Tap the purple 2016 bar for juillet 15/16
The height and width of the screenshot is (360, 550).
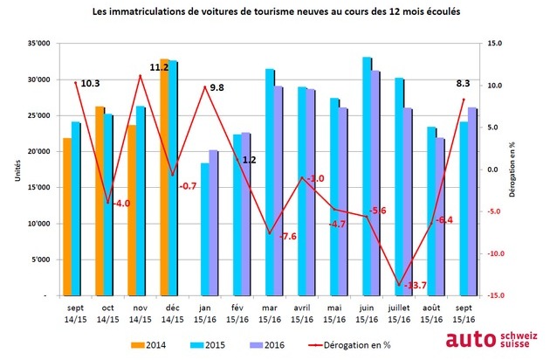pyautogui.click(x=408, y=202)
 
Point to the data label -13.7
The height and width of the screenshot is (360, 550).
pyautogui.click(x=414, y=285)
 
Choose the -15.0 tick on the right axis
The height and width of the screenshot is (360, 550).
pyautogui.click(x=495, y=296)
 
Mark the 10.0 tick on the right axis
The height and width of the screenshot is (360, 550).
pyautogui.click(x=495, y=85)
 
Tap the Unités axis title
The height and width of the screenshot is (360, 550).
pyautogui.click(x=16, y=170)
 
